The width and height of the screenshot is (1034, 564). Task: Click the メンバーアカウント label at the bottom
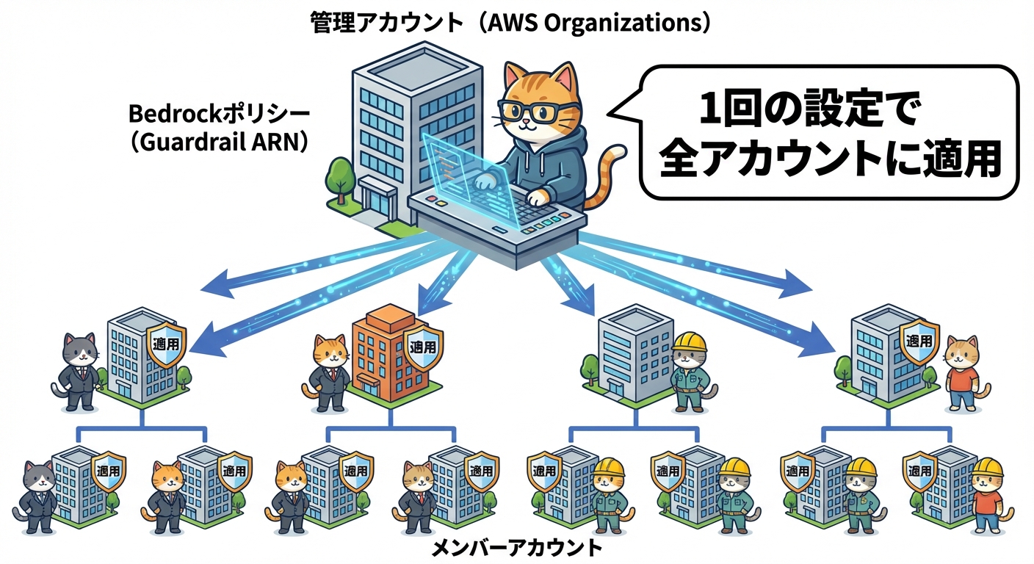point(516,548)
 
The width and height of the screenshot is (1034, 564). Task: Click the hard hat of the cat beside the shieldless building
point(689,341)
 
